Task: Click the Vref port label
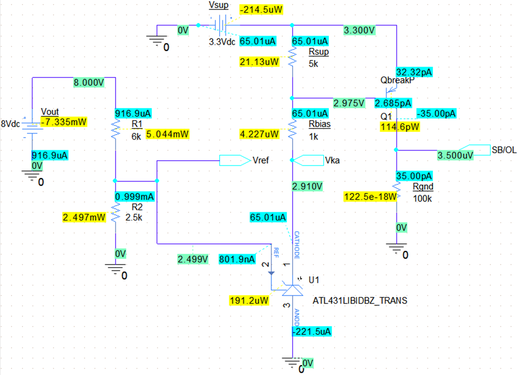(x=261, y=160)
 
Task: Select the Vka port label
(x=331, y=161)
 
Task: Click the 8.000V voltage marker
(x=88, y=83)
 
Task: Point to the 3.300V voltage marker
(x=359, y=30)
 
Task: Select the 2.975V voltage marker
(x=349, y=103)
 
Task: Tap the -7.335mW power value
(x=64, y=121)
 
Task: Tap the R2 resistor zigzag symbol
(x=115, y=212)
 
